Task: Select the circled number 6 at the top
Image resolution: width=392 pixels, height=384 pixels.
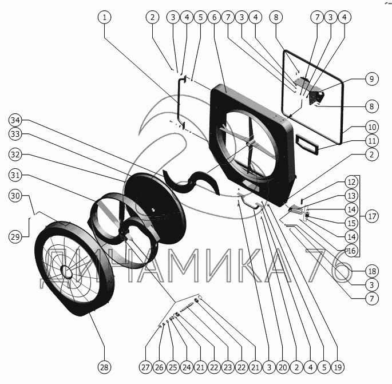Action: [214, 18]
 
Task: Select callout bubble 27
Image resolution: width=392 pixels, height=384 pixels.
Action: [145, 367]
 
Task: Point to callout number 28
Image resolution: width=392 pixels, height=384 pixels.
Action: [104, 367]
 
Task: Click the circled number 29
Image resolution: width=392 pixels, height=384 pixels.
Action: [17, 235]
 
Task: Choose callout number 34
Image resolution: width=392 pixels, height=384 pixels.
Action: [17, 120]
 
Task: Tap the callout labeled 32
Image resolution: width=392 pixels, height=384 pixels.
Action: [17, 155]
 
